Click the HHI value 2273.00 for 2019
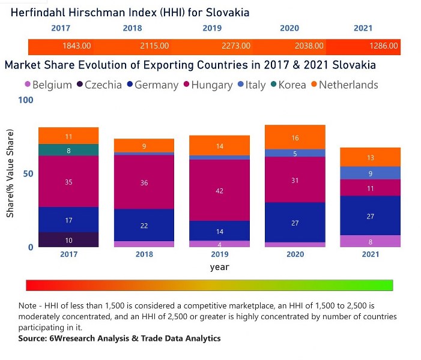233,46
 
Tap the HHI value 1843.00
76,46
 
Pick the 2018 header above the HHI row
132,28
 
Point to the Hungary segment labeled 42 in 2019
220,190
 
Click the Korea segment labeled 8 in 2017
68,150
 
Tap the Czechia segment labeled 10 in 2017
68,240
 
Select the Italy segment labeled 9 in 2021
371,173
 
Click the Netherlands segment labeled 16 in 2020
295,137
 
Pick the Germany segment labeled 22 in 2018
144,225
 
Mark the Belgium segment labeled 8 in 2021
371,241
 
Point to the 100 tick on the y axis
26,100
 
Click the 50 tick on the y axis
28,173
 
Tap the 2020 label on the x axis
295,254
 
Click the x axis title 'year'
219,266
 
